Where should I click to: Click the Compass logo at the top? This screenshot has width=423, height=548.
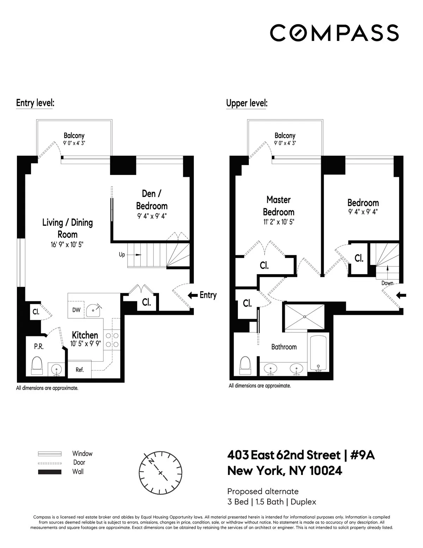click(x=334, y=33)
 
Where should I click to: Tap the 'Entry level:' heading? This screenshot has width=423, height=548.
click(x=35, y=103)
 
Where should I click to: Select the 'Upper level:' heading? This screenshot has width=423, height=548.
click(x=247, y=103)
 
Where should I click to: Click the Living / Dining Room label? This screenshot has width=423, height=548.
click(x=67, y=228)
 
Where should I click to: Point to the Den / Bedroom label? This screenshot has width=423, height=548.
click(x=152, y=200)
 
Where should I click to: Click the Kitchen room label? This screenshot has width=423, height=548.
click(x=85, y=335)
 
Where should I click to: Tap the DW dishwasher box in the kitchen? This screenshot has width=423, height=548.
click(x=76, y=310)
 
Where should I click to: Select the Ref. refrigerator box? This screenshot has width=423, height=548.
click(x=80, y=370)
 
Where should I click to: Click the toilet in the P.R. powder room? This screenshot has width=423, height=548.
click(x=37, y=365)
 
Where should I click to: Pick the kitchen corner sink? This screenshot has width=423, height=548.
click(x=95, y=310)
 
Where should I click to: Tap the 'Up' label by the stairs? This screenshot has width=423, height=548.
click(x=122, y=254)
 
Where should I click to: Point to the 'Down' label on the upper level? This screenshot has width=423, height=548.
click(x=387, y=283)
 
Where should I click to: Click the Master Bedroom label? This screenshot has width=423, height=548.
click(x=278, y=206)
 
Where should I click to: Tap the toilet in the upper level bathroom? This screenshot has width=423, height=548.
click(x=245, y=365)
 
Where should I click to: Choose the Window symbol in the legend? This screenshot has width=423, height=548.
click(x=50, y=454)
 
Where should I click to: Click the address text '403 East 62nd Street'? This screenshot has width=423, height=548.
click(x=284, y=455)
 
